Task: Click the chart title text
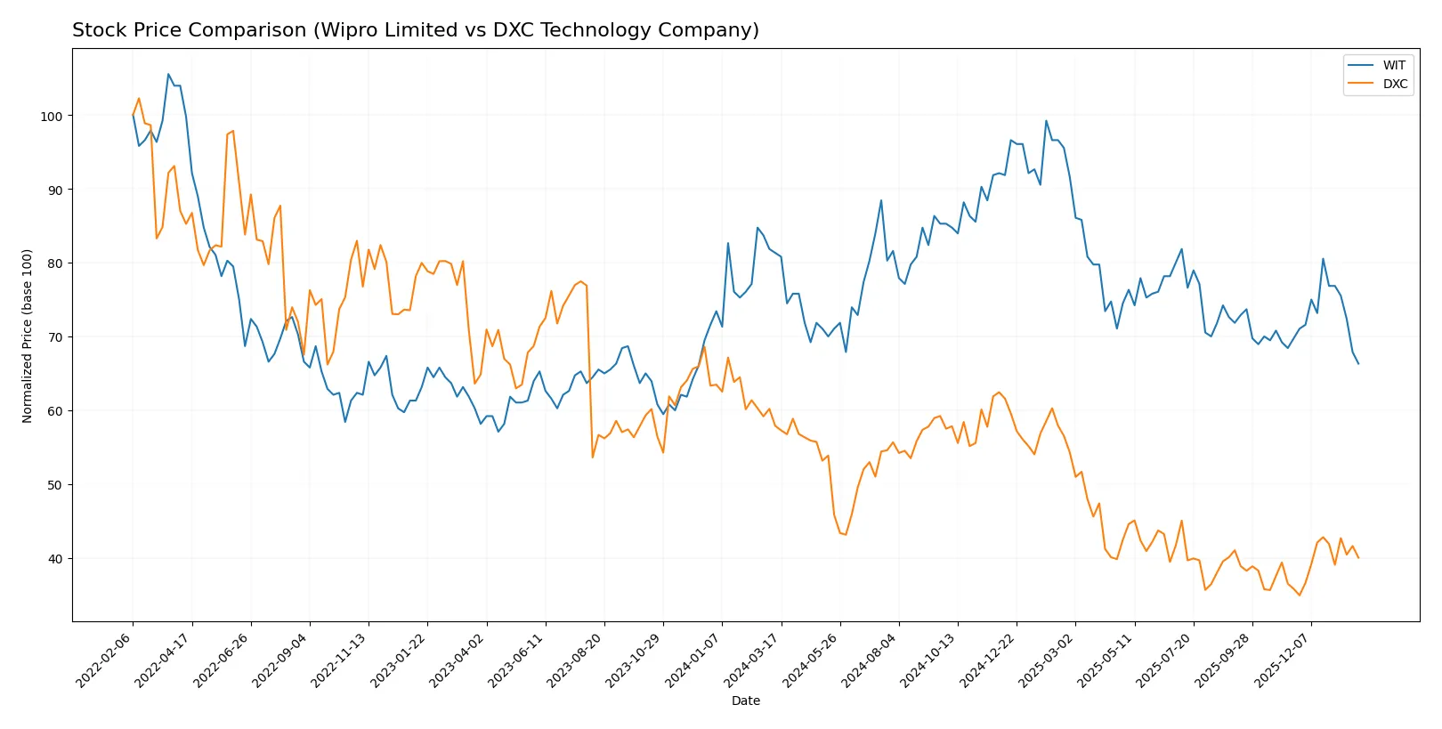pos(415,30)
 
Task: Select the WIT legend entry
pos(1393,65)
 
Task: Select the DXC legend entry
pos(1394,84)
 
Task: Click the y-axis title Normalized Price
pos(28,336)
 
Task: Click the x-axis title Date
pos(745,701)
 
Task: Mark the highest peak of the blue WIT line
pos(168,75)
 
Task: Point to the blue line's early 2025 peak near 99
pos(1046,121)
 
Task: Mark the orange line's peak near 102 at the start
pos(139,99)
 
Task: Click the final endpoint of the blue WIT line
pos(1358,363)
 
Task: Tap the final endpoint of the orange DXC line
pos(1358,558)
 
